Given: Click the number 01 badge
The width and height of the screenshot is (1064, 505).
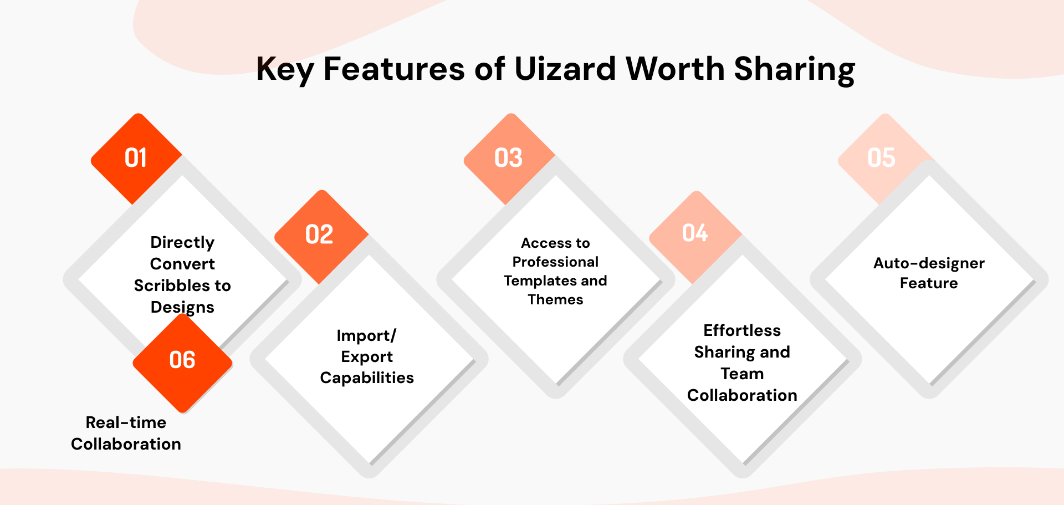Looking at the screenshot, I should tap(136, 159).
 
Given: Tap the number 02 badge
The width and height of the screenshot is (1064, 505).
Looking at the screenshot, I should tap(320, 235).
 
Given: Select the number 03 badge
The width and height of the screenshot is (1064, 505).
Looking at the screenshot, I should tap(509, 159).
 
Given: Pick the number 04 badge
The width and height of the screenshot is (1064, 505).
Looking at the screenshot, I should tap(695, 233).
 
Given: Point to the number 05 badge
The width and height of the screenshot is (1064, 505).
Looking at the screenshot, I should tap(881, 159).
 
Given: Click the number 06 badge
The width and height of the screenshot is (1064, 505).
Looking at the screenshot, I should tap(182, 361).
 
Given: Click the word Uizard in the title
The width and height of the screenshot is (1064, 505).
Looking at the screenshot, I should tap(565, 69).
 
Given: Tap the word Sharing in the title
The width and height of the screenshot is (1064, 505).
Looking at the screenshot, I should tap(794, 69).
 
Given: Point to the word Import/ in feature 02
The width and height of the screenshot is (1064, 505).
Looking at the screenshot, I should tap(366, 336).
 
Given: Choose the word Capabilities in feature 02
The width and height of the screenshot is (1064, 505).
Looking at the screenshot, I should tap(367, 378).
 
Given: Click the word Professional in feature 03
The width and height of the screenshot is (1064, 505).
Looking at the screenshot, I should tap(555, 262).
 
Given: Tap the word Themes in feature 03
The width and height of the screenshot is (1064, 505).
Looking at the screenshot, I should tap(555, 300).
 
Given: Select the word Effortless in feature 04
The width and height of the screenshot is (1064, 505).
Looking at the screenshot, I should tap(742, 331).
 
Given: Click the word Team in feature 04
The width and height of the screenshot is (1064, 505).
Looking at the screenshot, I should tap(742, 374).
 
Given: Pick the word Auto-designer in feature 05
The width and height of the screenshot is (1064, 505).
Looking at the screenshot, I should tap(929, 263).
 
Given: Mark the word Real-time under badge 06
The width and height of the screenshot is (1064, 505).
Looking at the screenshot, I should tap(126, 423).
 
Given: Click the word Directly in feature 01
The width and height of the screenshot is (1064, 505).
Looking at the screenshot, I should tap(182, 243).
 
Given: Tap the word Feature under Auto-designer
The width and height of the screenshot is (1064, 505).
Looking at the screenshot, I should tap(929, 284).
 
